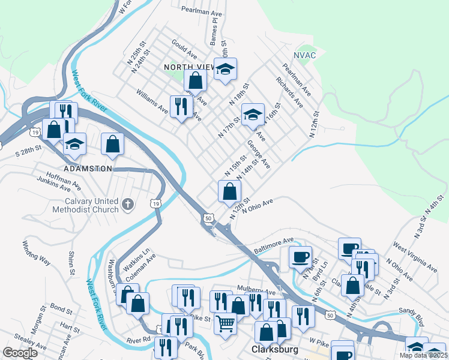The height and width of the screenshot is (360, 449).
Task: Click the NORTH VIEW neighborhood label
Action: [x=187, y=67]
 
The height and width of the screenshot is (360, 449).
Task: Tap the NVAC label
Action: [x=305, y=55]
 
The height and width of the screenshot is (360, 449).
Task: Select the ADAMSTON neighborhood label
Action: [x=88, y=169]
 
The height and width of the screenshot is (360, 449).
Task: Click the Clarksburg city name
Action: [x=271, y=350]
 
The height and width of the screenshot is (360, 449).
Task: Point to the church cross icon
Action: [x=127, y=205]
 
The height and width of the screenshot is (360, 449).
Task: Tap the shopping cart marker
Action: [x=225, y=324]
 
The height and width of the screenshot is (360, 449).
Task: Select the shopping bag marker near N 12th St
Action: [x=229, y=192]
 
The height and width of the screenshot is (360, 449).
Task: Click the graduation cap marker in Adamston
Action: [x=75, y=144]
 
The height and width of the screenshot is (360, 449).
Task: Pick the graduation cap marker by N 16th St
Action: [x=253, y=114]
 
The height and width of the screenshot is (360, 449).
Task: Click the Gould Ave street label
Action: [x=184, y=47]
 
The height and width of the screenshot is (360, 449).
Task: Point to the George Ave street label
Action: [x=259, y=154]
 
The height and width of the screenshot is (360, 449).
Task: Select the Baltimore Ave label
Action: [x=274, y=244]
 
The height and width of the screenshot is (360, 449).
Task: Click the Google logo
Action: [x=20, y=353]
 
